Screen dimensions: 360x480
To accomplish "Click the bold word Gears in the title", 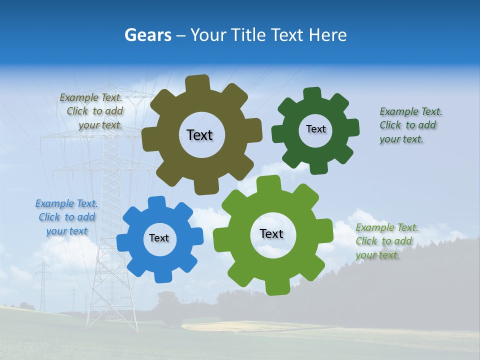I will (x=147, y=35).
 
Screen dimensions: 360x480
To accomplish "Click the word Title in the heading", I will (x=250, y=35).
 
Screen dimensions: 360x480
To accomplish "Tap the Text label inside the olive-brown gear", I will (x=199, y=135).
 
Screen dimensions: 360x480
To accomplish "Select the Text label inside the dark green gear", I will (x=315, y=129).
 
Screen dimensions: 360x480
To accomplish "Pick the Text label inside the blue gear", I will (x=159, y=238).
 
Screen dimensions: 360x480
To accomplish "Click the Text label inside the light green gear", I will (x=271, y=233).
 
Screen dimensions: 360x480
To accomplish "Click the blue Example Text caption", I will (x=66, y=217).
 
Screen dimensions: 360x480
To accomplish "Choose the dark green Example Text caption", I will (x=409, y=125).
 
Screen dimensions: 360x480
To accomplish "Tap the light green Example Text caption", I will (x=385, y=241).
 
